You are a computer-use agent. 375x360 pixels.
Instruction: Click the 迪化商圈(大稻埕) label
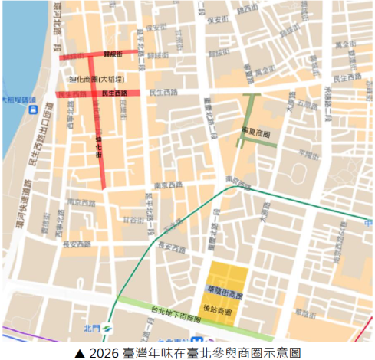tap(97, 79)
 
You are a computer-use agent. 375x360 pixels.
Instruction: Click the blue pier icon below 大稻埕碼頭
tap(32, 110)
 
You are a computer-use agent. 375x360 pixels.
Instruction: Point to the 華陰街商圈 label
tap(224, 296)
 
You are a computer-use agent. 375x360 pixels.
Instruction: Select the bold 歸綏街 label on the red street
tap(114, 54)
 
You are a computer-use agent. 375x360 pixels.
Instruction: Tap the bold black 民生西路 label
tap(114, 93)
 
